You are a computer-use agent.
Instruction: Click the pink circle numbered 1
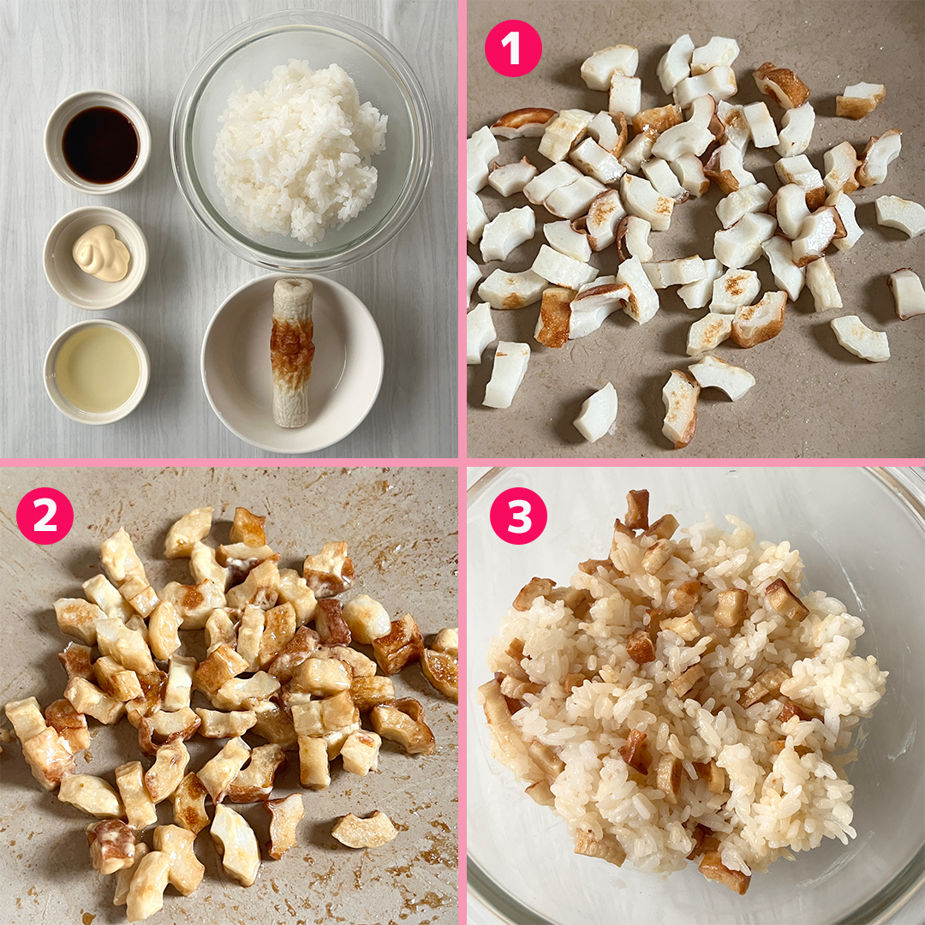[x=513, y=48]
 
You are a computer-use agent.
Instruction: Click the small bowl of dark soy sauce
[x=98, y=142]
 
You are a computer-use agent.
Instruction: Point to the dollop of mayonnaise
[x=101, y=252]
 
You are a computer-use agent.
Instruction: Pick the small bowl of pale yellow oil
[x=97, y=372]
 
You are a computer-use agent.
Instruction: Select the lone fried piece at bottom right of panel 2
[x=364, y=828]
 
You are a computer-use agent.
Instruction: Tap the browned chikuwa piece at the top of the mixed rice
[x=637, y=509]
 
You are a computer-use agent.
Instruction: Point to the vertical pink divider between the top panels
[x=462, y=229]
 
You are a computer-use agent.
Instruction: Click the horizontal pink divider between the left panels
[x=229, y=462]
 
